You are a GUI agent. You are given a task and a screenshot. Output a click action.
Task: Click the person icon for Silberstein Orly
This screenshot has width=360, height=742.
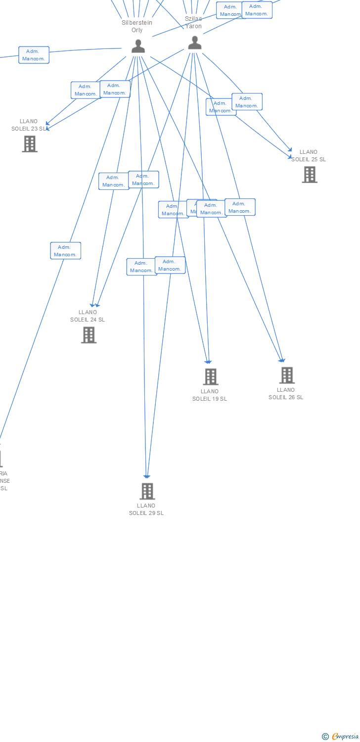pos(138,46)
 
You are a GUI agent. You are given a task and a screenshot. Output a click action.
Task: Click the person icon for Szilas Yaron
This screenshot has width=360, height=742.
pos(195,43)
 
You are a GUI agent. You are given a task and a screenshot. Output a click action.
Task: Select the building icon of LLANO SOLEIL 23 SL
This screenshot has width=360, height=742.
pos(30,144)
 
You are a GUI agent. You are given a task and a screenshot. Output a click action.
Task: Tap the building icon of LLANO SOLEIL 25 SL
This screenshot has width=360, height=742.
pos(310,175)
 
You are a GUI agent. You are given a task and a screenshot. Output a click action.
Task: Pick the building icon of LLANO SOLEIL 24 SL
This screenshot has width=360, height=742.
pos(89,335)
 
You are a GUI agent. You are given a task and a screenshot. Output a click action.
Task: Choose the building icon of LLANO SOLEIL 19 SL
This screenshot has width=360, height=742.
pos(211,377)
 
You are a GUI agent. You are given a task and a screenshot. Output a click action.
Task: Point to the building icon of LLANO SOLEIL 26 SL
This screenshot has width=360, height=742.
pos(287,375)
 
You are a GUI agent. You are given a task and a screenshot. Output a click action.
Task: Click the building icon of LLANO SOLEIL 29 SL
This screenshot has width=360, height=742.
pos(147,491)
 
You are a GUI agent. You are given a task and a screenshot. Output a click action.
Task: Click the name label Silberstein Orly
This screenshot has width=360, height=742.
pos(137,26)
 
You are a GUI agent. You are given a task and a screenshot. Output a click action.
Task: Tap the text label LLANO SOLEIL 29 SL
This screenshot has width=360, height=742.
pos(146,509)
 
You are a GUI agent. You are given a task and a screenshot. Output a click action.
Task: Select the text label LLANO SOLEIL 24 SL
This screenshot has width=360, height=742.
pos(88,316)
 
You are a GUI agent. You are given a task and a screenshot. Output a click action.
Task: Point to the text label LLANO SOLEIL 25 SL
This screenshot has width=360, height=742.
pos(309,156)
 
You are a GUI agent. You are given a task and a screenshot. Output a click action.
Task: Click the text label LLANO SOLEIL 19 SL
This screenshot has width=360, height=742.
pos(210,395)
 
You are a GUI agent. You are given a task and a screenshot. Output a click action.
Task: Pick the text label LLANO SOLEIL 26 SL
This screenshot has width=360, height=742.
pos(286,393)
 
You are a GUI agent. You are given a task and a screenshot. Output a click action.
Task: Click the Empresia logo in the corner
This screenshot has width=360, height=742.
pos(341,737)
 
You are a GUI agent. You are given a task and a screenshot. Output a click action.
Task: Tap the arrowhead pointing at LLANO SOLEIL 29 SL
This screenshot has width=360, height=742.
pos(147,476)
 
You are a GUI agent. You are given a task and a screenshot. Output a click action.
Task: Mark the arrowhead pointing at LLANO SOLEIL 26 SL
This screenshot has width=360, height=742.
pos(282,360)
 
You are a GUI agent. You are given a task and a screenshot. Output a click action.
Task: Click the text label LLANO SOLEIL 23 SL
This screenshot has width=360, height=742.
pos(29,125)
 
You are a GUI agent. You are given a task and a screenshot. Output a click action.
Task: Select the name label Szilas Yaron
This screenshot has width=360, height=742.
pos(193,22)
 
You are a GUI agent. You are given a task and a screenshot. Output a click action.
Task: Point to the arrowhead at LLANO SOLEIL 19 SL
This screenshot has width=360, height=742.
pos(209,362)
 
